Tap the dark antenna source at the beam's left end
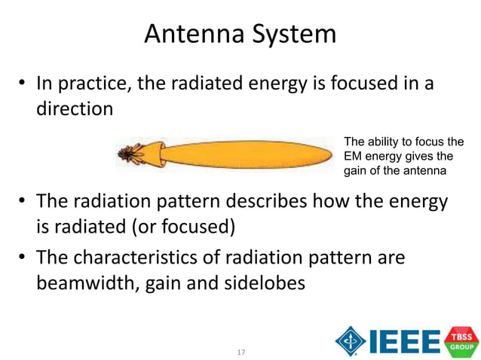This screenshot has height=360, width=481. coord(130,156)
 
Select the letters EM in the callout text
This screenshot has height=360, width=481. coord(353,156)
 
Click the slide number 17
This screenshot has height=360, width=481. coord(240,352)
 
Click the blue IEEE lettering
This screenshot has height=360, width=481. coord(404,341)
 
